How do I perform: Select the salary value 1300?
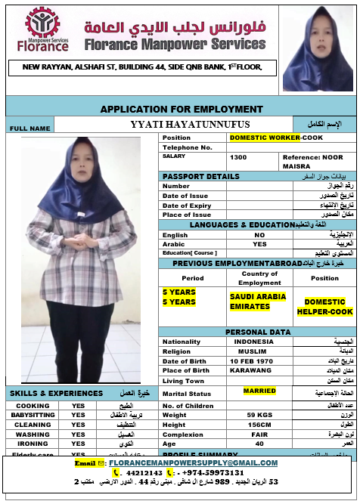click(x=238, y=157)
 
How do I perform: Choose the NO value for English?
click(x=259, y=235)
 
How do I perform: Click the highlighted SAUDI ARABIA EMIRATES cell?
click(x=253, y=302)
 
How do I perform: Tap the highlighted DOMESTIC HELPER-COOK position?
click(x=324, y=307)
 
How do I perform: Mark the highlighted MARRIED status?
click(x=259, y=391)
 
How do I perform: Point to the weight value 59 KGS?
click(x=259, y=415)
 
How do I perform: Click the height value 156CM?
click(x=259, y=425)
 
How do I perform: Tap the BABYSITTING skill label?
click(x=33, y=415)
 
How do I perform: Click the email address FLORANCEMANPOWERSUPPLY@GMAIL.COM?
click(x=193, y=462)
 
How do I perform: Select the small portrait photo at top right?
click(x=317, y=51)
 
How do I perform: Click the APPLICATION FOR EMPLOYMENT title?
click(x=182, y=110)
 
